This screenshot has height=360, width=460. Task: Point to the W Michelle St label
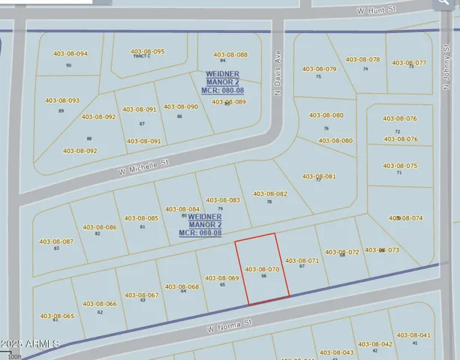coord(145,166)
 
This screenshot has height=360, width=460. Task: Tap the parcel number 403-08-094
coord(71,54)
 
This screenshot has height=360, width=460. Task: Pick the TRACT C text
coord(141,56)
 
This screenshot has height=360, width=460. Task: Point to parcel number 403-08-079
coord(319,69)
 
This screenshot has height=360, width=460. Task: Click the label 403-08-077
coord(409,63)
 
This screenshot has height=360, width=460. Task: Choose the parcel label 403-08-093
coord(62,100)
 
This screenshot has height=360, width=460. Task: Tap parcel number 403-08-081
coord(319,176)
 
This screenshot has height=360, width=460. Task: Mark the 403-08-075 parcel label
coord(400,166)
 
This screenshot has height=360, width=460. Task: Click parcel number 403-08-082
coord(270,193)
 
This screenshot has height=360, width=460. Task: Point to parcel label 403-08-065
coord(57,316)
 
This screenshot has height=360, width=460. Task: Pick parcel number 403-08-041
coord(413,335)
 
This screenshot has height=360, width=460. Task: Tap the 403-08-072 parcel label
coord(342,252)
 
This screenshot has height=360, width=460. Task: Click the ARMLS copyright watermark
coord(30,343)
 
